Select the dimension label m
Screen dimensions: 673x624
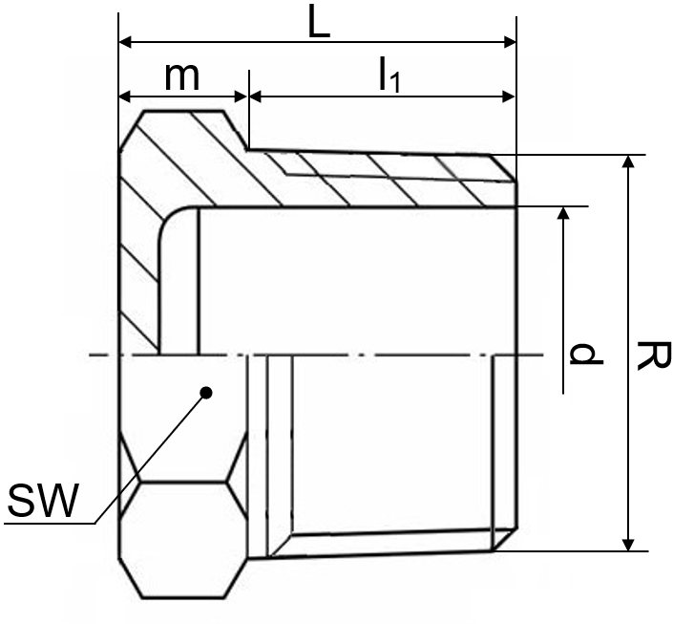182,77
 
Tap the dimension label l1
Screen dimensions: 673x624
389,75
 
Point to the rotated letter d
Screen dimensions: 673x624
586,354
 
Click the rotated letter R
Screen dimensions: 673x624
653,355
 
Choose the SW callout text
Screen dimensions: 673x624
43,500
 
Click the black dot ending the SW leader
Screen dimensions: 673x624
206,393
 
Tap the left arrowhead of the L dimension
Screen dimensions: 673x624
125,42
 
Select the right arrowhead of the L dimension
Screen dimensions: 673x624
510,42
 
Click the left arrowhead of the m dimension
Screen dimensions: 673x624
125,97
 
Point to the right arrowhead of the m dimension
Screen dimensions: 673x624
242,97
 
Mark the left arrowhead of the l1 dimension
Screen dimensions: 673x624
256,97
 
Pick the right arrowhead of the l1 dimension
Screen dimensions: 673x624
509,97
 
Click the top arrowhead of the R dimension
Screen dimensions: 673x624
628,161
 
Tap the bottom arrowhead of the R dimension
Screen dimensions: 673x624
628,544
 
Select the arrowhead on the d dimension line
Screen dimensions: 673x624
563,213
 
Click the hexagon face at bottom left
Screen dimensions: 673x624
183,539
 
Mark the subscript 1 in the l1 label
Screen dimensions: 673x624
395,82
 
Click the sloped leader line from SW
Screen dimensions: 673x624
151,458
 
